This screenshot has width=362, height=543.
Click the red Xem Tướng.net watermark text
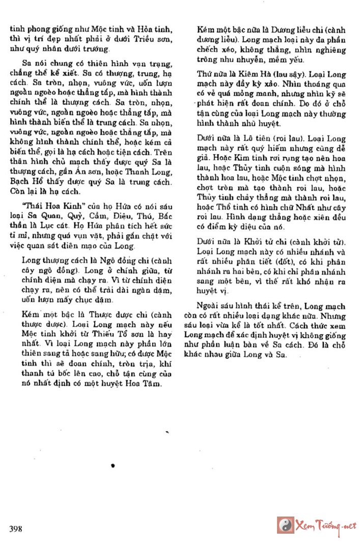point(326,526)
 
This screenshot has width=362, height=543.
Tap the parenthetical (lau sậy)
point(277,74)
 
